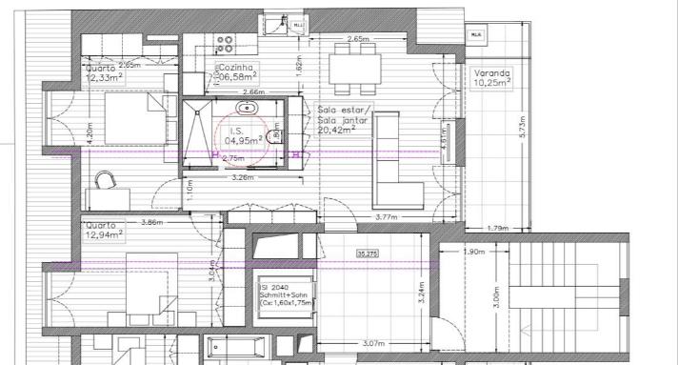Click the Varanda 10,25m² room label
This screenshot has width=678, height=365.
tap(494, 78)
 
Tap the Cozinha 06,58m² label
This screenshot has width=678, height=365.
tap(237, 73)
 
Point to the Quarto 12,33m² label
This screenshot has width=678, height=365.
tap(103, 73)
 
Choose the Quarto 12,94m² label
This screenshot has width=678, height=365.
tap(104, 228)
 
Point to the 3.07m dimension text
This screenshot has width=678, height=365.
tap(373, 343)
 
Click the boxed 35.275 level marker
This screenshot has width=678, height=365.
tap(366, 253)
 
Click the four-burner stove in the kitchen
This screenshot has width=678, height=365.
tap(227, 41)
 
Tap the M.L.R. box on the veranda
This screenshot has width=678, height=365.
tap(474, 34)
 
